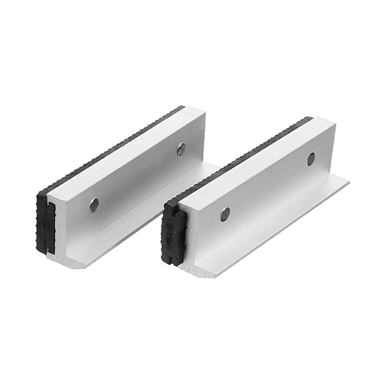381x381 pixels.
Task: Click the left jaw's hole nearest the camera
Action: point(94,205)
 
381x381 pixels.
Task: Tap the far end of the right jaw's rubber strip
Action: point(310,119)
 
